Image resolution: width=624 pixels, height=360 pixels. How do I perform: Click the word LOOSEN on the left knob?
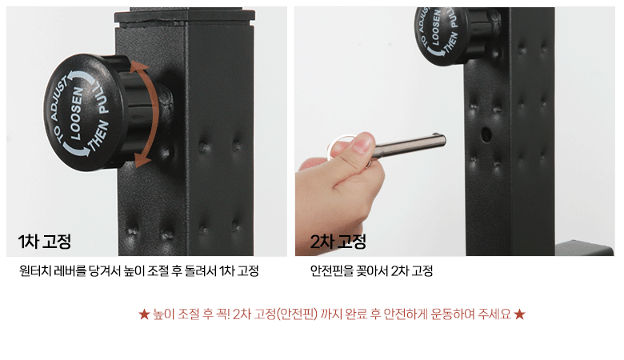pyautogui.click(x=77, y=114)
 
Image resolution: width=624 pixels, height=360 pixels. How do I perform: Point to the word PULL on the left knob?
pyautogui.click(x=100, y=98)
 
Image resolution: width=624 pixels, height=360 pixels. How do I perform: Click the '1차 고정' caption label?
pyautogui.click(x=45, y=242)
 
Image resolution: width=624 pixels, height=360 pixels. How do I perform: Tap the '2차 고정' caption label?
pyautogui.click(x=338, y=242)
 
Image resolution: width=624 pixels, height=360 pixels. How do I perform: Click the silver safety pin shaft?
pyautogui.click(x=410, y=145)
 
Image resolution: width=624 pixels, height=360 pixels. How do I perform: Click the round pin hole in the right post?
pyautogui.click(x=486, y=134)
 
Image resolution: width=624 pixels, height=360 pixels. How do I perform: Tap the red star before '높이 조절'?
pyautogui.click(x=144, y=314)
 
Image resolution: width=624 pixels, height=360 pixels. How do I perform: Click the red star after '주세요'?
pyautogui.click(x=519, y=314)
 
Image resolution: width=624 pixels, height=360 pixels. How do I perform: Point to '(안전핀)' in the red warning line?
pyautogui.click(x=297, y=314)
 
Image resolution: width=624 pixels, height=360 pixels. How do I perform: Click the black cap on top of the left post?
pyautogui.click(x=185, y=15)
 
